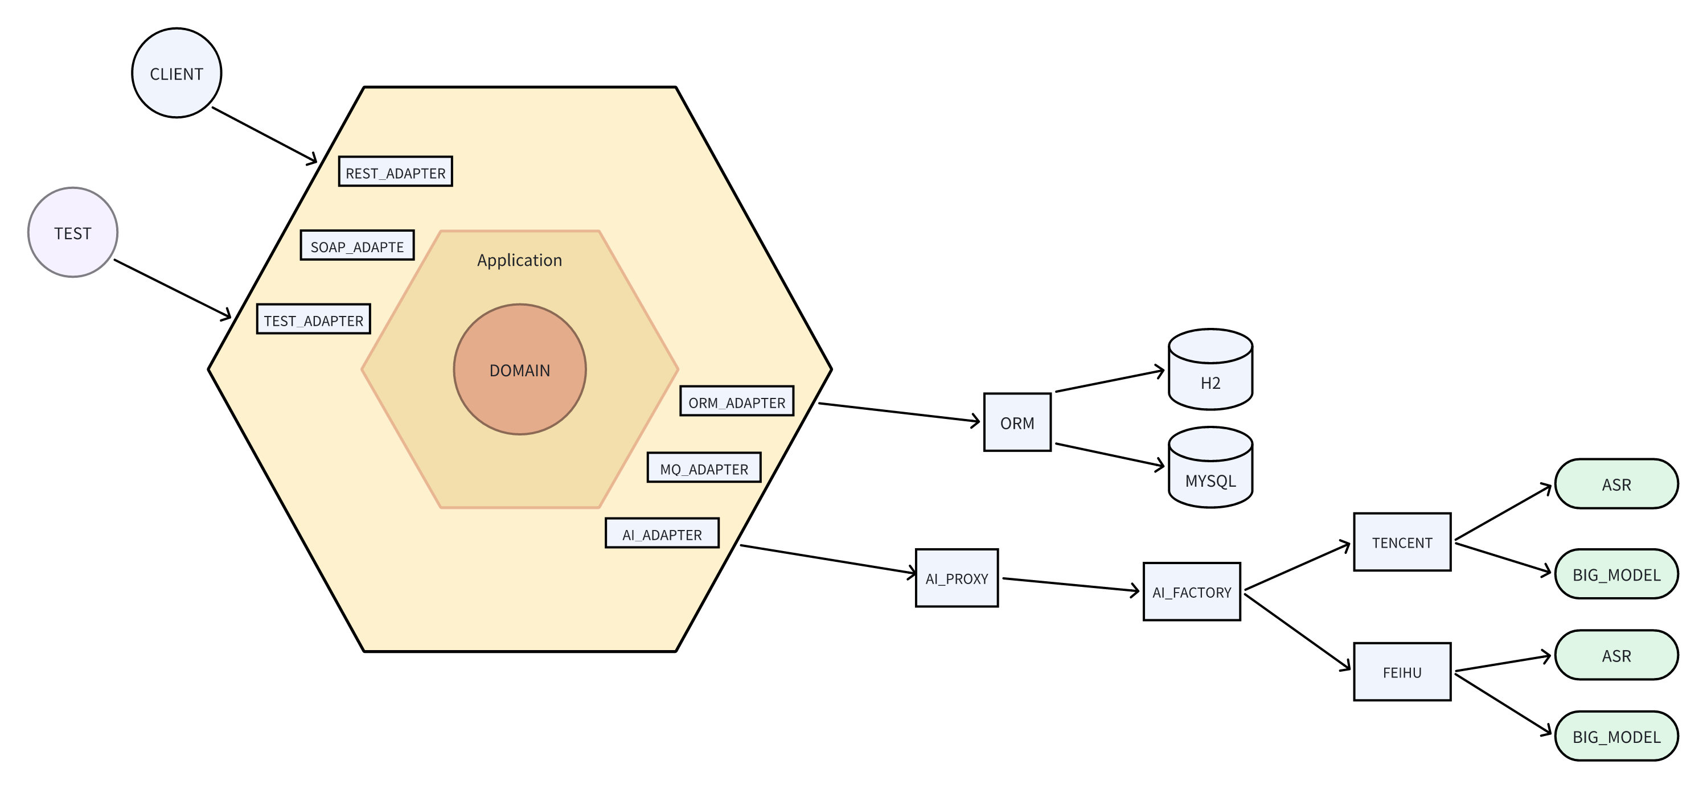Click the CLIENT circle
177,73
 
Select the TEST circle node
73,232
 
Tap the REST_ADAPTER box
396,171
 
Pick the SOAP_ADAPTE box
357,245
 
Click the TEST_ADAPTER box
313,319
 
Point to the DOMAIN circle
519,369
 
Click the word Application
519,260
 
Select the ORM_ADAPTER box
737,401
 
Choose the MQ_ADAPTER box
704,468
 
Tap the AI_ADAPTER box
662,533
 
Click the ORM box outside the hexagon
1017,422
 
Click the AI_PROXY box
957,578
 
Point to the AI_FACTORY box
1192,592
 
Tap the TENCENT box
1402,543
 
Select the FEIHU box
1402,672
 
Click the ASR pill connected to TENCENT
1616,484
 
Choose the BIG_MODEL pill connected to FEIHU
1616,737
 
